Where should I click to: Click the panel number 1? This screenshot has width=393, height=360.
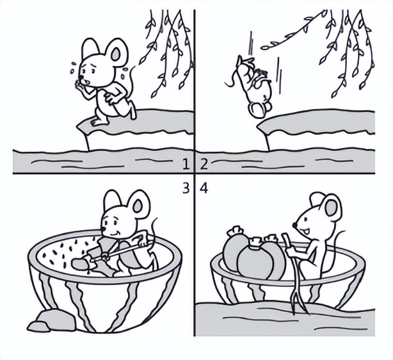[186, 165]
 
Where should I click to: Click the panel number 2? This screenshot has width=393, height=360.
[204, 165]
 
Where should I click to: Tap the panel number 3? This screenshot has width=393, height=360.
[186, 188]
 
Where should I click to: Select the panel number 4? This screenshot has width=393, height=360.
[204, 188]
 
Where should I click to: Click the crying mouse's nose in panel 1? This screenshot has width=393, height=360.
[81, 77]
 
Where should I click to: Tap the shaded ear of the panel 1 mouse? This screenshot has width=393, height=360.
[115, 54]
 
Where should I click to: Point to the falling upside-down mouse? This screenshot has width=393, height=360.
[255, 86]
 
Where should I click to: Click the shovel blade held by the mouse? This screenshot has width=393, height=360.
[81, 264]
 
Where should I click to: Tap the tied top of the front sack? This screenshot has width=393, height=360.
[255, 241]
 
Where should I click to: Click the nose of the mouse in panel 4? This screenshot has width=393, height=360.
[294, 225]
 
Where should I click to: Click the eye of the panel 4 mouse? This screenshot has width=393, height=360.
[307, 219]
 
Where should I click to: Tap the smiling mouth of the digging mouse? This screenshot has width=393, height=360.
[115, 233]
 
